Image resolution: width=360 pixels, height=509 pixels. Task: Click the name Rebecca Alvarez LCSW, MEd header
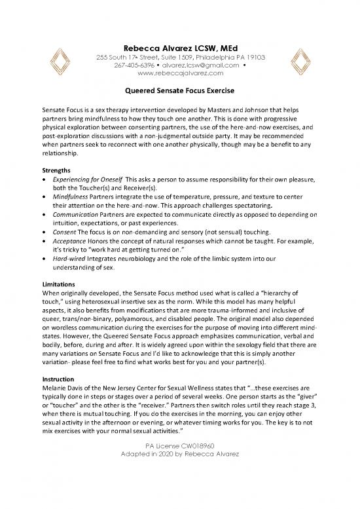click(x=180, y=47)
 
